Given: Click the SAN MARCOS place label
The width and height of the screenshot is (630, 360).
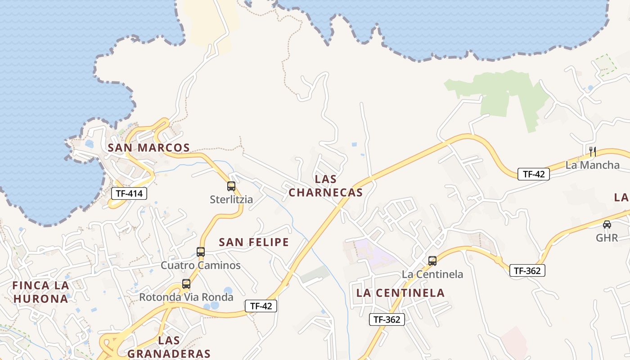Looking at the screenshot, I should [x=148, y=148].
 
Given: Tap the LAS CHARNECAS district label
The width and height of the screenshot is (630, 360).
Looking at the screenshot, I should [x=325, y=186].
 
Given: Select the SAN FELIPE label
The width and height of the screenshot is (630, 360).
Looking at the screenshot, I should [x=254, y=242].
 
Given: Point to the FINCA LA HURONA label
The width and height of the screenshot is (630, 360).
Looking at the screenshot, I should [x=40, y=292].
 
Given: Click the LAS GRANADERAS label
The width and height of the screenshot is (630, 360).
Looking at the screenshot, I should [x=169, y=347].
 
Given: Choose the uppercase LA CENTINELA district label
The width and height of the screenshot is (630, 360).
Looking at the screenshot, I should [x=400, y=293].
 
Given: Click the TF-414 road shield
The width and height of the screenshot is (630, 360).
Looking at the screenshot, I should [x=129, y=193].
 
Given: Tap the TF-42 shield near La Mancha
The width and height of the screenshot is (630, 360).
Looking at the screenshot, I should [x=534, y=174].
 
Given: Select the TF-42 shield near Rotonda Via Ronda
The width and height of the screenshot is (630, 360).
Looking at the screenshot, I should [x=261, y=306].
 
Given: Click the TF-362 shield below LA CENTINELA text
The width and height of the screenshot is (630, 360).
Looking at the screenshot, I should [x=387, y=319].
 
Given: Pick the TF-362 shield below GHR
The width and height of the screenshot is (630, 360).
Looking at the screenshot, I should [x=527, y=270].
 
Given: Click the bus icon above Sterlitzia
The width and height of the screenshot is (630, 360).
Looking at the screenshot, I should [x=231, y=186].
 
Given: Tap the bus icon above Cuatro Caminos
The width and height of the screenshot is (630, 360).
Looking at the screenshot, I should [x=201, y=252].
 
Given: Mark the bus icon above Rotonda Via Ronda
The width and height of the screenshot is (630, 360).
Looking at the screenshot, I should [x=186, y=284].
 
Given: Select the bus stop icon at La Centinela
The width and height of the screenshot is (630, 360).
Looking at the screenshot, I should [x=432, y=261].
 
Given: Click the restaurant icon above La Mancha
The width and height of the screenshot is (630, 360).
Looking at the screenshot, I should [x=592, y=151].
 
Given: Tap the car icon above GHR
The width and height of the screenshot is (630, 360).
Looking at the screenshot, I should [x=607, y=224].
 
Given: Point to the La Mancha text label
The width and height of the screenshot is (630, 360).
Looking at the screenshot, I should [x=592, y=165].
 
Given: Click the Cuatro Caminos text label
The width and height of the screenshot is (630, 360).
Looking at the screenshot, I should [x=201, y=265].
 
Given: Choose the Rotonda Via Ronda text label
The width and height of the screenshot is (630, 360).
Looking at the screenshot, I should [x=186, y=297].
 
